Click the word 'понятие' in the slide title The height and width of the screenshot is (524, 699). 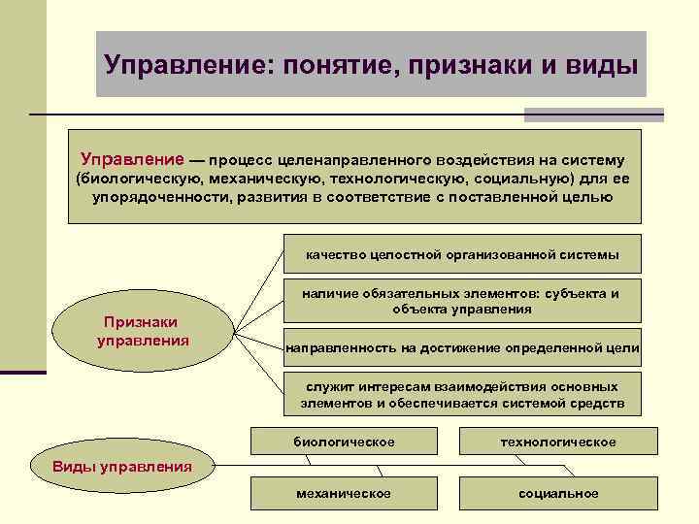click(336, 65)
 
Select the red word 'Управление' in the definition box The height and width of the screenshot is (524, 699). click(132, 159)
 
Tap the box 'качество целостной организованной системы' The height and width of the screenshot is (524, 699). click(461, 254)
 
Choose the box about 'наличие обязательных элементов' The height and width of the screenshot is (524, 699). click(461, 301)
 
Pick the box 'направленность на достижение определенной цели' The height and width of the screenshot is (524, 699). click(461, 347)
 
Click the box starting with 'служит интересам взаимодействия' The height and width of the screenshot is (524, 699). click(461, 394)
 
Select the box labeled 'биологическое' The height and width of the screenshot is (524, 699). click(344, 442)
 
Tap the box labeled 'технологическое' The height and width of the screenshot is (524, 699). click(558, 442)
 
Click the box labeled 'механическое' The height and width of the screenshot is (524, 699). click(344, 494)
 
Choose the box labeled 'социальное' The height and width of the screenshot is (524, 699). click(558, 494)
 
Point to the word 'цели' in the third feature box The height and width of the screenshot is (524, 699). click(621, 347)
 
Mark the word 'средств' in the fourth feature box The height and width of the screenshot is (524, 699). click(601, 403)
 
